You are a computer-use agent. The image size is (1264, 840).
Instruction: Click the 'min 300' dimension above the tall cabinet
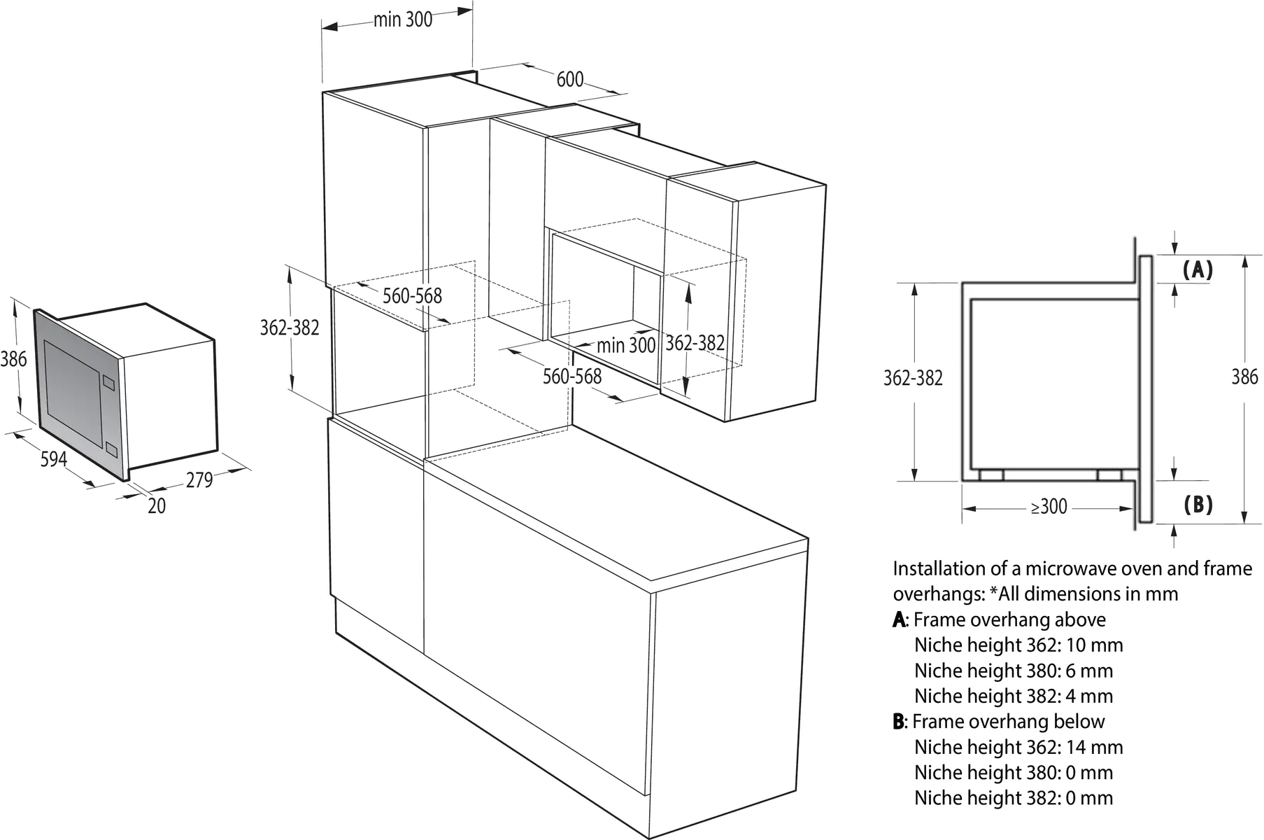pos(402,20)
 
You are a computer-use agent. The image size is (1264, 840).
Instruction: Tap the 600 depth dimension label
pos(569,80)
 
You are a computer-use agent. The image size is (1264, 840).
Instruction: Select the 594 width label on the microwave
pos(54,459)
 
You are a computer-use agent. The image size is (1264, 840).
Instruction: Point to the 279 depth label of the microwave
pos(199,480)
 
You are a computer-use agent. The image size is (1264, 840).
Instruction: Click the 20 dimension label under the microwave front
pos(157,506)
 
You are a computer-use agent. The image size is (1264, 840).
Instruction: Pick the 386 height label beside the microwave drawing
pos(13,359)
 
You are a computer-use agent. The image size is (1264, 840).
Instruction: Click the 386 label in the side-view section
pos(1244,377)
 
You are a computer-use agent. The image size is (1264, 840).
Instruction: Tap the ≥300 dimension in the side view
pos(1049,507)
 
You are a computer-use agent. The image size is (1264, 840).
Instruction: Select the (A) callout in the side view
pos(1197,270)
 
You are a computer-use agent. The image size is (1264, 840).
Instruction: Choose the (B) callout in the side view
pos(1198,505)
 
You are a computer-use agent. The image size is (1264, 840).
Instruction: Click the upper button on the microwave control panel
pos(108,382)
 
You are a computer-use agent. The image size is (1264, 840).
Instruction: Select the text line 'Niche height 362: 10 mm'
pos(1018,645)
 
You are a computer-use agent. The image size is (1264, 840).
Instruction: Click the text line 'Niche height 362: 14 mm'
pos(1018,747)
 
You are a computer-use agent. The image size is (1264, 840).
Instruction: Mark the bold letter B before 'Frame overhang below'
pos(899,722)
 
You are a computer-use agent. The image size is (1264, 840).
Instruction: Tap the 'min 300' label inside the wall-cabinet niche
pos(626,345)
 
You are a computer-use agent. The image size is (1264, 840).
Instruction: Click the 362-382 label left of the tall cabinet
pos(289,327)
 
